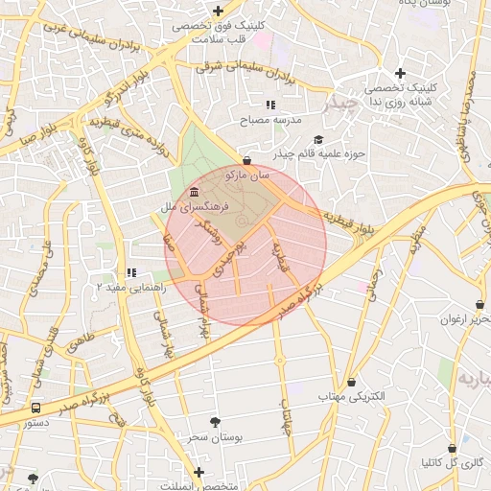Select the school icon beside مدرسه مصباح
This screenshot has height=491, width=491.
click(270, 105)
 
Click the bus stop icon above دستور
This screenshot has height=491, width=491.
click(35, 408)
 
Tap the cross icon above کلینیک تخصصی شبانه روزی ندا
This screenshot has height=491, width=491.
click(400, 73)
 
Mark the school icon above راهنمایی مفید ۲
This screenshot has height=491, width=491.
click(131, 272)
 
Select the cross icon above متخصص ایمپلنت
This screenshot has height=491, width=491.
click(199, 472)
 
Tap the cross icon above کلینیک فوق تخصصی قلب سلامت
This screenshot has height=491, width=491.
click(219, 11)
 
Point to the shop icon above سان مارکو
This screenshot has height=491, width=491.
click(248, 161)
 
